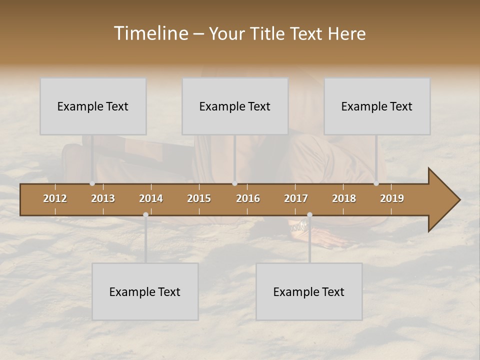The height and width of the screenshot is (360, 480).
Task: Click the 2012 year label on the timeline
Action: coord(55,198)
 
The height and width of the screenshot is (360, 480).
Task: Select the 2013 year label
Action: coord(103,198)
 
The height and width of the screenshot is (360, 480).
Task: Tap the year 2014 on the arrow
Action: coord(151,198)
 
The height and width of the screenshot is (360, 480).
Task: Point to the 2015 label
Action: coord(199,198)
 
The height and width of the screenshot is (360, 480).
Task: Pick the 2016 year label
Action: coord(248,198)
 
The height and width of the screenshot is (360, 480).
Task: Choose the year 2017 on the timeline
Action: coord(296,198)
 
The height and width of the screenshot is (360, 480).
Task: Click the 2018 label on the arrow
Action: coord(344,198)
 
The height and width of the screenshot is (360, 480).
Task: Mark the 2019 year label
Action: coord(392,198)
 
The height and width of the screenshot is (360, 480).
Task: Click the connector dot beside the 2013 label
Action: coord(92,183)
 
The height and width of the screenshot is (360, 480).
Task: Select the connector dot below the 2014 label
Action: coord(145,214)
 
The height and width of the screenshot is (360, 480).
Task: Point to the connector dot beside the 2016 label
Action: coord(234,183)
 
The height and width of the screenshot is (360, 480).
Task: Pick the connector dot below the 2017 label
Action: coord(309,214)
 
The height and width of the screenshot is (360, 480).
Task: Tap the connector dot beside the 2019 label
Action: coord(376,183)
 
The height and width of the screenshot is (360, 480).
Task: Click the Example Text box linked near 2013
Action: coord(93,106)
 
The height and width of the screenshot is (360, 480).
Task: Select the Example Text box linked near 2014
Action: coord(145,291)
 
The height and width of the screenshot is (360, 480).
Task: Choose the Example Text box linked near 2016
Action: coord(235,106)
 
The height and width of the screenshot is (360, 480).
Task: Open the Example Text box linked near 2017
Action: coord(309,291)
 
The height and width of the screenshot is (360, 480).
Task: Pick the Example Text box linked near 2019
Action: coord(377,106)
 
